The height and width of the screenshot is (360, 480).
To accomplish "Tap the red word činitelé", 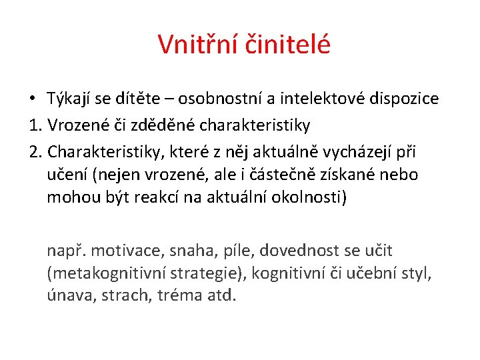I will click(289, 45).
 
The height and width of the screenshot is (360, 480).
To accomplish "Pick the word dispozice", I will click(409, 99).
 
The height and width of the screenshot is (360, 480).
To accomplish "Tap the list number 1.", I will click(35, 125).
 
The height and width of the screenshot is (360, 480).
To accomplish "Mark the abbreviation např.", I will click(65, 251).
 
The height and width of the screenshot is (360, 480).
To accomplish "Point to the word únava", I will click(71, 295).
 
